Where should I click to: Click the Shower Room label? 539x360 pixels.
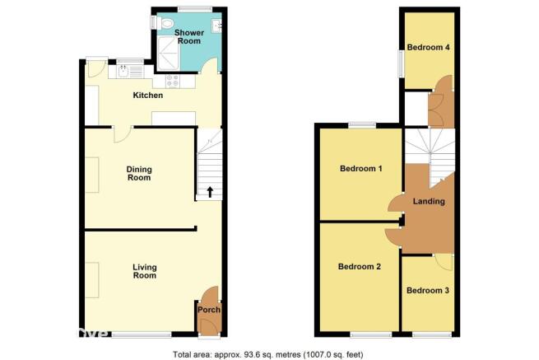pos(189,37)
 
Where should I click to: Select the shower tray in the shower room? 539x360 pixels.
pos(169,54)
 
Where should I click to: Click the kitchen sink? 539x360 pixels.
pos(123,72)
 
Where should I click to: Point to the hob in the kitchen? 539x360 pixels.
pos(173,81)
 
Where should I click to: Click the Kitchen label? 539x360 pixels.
pos(148,96)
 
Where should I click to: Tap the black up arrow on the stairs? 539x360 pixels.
pos(210,192)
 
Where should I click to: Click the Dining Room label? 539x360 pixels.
pos(139,174)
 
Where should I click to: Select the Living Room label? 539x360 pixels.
pos(145,271)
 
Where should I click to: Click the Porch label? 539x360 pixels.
pos(209,310)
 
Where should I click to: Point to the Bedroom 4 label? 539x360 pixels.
pos(428,47)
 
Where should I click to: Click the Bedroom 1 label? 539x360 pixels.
pos(361,169)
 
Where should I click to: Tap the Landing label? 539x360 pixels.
pos(429,201)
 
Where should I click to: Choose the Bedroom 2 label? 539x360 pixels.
pos(360,267)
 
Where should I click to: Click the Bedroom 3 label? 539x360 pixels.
pos(428,291)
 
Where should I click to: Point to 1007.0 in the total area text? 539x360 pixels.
pos(318,354)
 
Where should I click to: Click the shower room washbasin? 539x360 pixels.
pos(216,26)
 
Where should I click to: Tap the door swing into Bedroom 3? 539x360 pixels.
pos(445,263)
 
